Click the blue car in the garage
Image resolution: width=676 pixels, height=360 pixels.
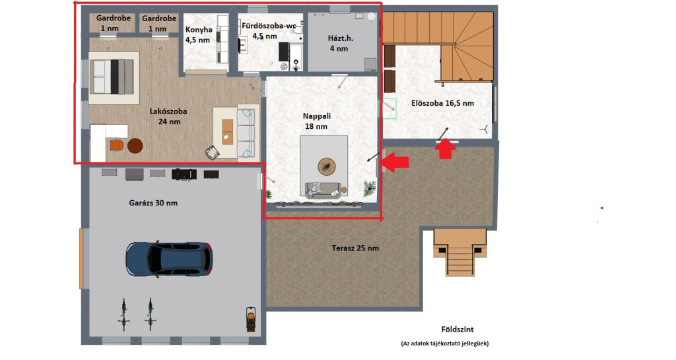tap(169, 259)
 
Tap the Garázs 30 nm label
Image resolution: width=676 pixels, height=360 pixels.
tap(153, 203)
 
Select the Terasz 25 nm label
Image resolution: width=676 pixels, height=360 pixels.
tap(355, 248)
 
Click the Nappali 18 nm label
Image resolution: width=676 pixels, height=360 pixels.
tap(316, 121)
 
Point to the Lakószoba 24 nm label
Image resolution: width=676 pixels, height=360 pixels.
tap(168, 116)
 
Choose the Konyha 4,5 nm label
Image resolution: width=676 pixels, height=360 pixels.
tap(198, 35)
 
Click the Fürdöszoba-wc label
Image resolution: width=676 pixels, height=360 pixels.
tap(269, 26)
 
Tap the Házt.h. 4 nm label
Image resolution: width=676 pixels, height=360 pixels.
tap(340, 43)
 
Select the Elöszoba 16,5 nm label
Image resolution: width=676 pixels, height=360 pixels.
tap(442, 104)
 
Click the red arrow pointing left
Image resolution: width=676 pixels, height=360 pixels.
tap(395, 162)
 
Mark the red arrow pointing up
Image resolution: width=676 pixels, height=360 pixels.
tap(445, 149)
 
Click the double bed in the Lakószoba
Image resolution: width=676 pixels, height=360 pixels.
tap(114, 77)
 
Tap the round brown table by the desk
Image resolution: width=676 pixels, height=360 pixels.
tap(135, 146)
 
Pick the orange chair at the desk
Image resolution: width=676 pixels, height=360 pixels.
tap(116, 145)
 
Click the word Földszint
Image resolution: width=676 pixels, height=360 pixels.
tap(457, 330)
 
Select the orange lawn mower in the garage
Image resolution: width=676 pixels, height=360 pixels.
tap(250, 319)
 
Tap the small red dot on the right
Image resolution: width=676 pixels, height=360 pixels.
tap(602, 208)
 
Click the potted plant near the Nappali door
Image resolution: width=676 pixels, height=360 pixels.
tap(370, 188)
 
